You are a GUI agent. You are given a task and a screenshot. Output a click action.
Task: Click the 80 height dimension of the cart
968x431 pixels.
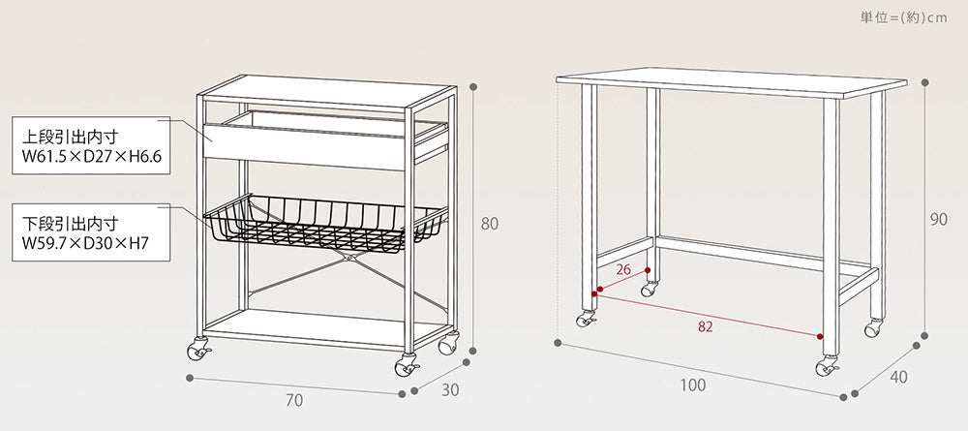point(490,224)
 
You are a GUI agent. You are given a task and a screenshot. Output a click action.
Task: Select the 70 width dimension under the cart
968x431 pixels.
point(295,399)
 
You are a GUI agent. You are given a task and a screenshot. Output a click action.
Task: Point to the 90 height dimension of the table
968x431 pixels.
point(938,220)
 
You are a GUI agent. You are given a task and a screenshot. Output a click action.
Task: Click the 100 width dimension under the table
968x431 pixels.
point(692,385)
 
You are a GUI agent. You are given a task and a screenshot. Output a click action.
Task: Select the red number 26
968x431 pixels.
point(622,268)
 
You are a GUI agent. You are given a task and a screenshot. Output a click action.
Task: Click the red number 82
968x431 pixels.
point(705,326)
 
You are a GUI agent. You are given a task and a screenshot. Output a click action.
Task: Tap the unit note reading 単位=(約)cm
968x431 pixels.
point(903,17)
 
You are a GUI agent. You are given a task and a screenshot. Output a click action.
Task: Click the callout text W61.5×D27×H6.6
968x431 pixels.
point(86,156)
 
